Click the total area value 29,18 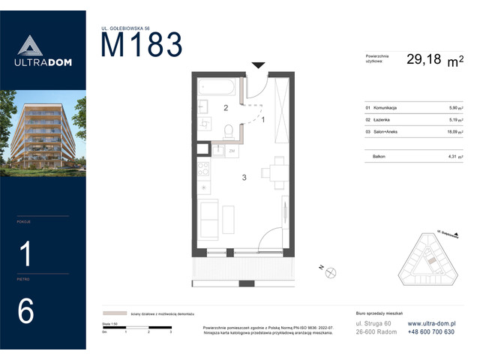click(x=424, y=61)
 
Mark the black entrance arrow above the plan click(x=257, y=66)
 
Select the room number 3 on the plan click(x=243, y=178)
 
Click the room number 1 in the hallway click(x=262, y=119)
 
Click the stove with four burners click(x=203, y=169)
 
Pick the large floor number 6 click(x=25, y=311)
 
